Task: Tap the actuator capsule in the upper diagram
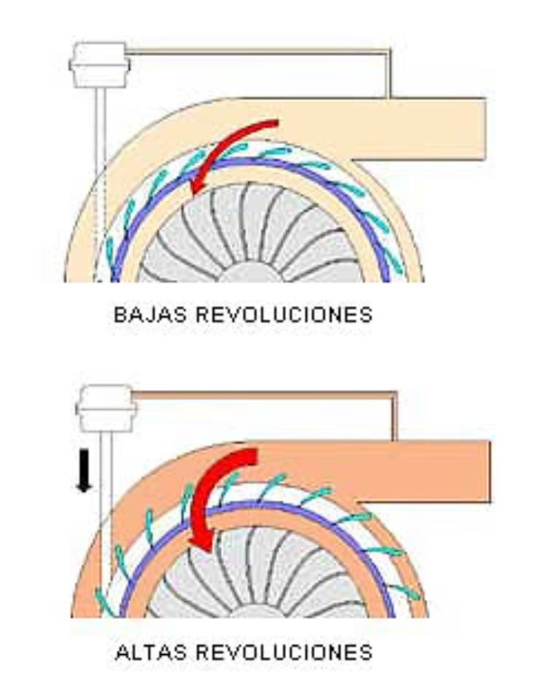(99, 64)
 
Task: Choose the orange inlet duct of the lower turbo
(433, 468)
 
